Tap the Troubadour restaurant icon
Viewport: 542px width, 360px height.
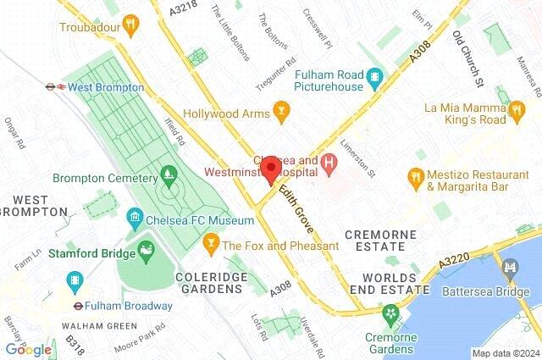(x=130, y=26)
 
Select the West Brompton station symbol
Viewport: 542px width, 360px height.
(x=53, y=86)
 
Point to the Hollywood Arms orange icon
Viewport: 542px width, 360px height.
(x=281, y=112)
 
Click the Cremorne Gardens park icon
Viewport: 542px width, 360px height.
(x=390, y=315)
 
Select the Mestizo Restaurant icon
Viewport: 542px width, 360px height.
(x=415, y=177)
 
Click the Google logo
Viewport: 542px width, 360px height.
(x=28, y=349)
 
